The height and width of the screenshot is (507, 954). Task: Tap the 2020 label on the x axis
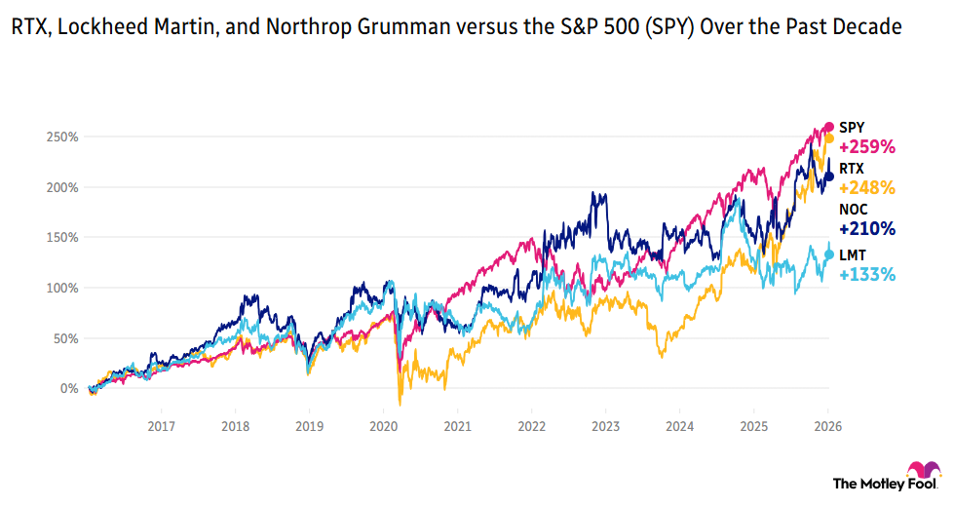point(384,426)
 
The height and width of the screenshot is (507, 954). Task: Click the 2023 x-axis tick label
point(605,426)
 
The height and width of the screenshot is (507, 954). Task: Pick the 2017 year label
point(161,426)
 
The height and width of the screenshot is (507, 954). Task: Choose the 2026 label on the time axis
point(827,426)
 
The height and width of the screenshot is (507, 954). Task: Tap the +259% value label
point(866,147)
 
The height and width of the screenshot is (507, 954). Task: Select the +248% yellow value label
point(866,187)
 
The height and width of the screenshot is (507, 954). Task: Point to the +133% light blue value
point(866,274)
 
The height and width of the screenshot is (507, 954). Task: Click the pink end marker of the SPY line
point(829,127)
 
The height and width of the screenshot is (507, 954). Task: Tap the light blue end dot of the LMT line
point(829,254)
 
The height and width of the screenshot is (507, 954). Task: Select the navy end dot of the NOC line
point(829,176)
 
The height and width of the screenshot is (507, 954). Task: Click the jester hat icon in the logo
point(924,474)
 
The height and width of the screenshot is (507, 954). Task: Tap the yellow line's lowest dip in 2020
point(400,404)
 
